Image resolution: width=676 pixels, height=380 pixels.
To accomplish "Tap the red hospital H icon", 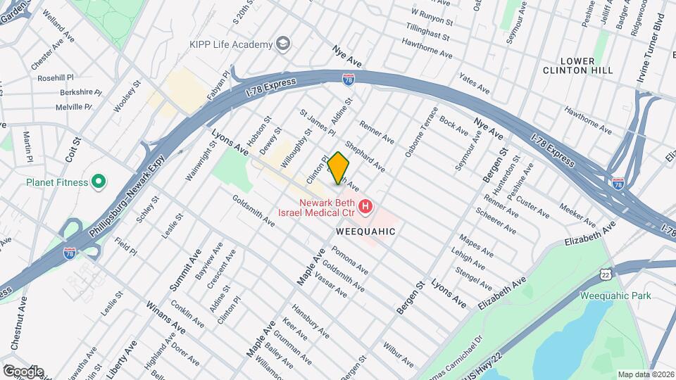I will tap(365, 206).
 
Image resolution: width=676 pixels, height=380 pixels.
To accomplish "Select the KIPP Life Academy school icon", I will tap(283, 44).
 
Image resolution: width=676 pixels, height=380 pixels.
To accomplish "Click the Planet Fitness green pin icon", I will tap(99, 182).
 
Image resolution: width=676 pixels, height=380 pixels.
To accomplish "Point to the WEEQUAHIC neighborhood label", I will tap(365, 231).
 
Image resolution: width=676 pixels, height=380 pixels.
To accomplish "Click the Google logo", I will tap(23, 371).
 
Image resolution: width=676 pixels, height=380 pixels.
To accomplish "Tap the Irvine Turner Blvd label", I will tap(650, 49).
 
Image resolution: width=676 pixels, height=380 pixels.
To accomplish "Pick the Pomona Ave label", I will tap(351, 262).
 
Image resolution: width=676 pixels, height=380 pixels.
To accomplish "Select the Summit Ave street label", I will tap(181, 270).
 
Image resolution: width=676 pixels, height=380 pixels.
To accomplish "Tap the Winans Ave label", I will tap(165, 318).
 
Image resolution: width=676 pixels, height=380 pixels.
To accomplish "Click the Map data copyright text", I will tap(644, 374).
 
